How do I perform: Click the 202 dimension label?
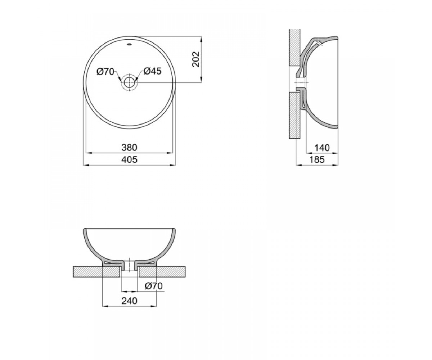point(196,59)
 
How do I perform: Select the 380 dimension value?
point(129,148)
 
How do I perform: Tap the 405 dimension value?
point(129,160)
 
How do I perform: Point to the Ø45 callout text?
point(152,71)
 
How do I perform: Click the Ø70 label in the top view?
point(105,72)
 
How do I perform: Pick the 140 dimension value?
point(322,148)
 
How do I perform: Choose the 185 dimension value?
point(317,160)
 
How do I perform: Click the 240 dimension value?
point(129,301)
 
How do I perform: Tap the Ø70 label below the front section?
point(154,286)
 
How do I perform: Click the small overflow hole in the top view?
point(129,44)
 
